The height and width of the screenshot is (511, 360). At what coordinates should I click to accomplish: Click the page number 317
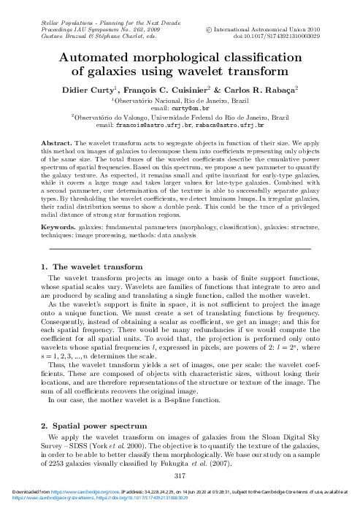tap(180, 476)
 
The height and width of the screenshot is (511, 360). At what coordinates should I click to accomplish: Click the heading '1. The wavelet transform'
tap(91, 267)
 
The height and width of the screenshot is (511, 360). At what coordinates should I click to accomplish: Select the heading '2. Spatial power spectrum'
tap(94, 424)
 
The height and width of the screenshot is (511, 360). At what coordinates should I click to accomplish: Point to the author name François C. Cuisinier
tap(179, 88)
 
